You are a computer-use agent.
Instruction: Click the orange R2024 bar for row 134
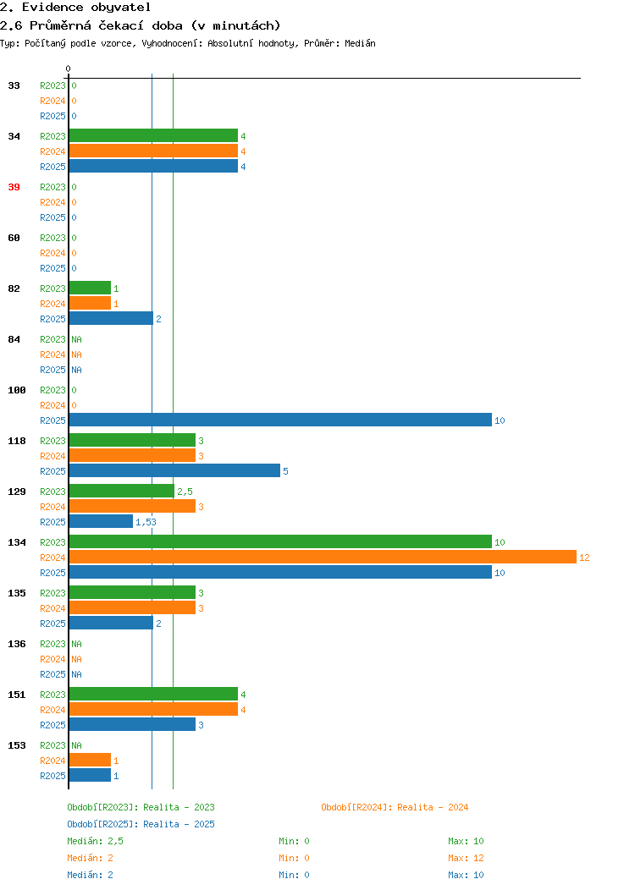coord(323,557)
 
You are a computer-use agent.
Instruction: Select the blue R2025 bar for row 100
coord(280,420)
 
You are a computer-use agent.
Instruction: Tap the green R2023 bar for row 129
coord(122,491)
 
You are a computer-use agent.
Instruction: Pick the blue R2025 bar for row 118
coord(175,470)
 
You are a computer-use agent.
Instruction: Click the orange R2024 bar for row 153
coord(90,760)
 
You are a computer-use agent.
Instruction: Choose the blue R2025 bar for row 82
coord(111,318)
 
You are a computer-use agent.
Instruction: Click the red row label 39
coord(14,187)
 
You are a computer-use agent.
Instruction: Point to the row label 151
coord(16,695)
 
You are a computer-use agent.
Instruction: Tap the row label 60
coord(14,238)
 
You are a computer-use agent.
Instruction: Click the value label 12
coord(584,558)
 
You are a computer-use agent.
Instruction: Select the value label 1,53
coord(146,522)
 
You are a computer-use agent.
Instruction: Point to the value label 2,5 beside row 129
coord(185,492)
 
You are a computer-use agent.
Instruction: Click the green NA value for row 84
coord(77,339)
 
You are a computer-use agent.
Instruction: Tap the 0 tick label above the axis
coord(69,69)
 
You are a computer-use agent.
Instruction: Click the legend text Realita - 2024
coord(433,807)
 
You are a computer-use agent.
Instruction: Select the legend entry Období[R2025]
coord(102,824)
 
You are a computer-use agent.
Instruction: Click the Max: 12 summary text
coord(466,858)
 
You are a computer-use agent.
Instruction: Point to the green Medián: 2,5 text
coord(96,841)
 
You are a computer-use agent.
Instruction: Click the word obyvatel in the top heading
coord(121,8)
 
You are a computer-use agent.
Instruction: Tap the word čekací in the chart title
coord(121,25)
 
